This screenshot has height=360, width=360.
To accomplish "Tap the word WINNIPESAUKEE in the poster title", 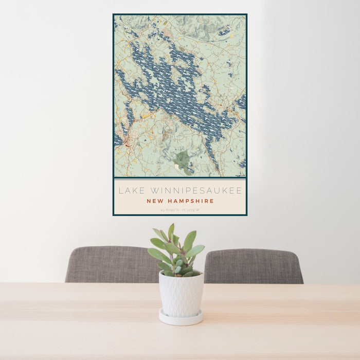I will point(194,191).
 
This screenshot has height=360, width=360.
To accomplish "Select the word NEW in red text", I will point(156,201).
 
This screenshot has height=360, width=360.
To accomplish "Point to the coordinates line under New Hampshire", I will point(180,209).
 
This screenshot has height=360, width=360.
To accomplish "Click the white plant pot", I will point(181,294).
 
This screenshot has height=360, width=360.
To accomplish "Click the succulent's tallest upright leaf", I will point(171,232).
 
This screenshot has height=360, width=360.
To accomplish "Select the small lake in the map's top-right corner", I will point(224,32).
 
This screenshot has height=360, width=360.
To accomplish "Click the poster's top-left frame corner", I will point(114,14).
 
